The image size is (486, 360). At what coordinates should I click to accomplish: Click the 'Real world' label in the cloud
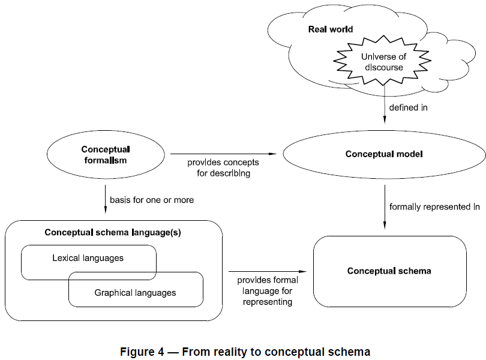pos(331,29)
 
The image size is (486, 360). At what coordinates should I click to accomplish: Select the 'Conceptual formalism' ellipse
pos(105,155)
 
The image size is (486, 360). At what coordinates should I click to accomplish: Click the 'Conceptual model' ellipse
pos(384,154)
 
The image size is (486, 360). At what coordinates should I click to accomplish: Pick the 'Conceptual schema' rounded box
pos(389,271)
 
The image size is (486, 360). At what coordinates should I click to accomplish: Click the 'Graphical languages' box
pos(136,293)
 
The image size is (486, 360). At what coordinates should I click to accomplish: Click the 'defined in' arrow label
pos(409,108)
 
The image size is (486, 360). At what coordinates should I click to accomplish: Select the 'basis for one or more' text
pos(152,199)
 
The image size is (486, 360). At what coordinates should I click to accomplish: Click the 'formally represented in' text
pos(434,207)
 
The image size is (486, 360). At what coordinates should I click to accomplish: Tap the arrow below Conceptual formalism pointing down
pos(105,199)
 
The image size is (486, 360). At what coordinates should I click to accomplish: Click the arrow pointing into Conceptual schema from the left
pos(270,271)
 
